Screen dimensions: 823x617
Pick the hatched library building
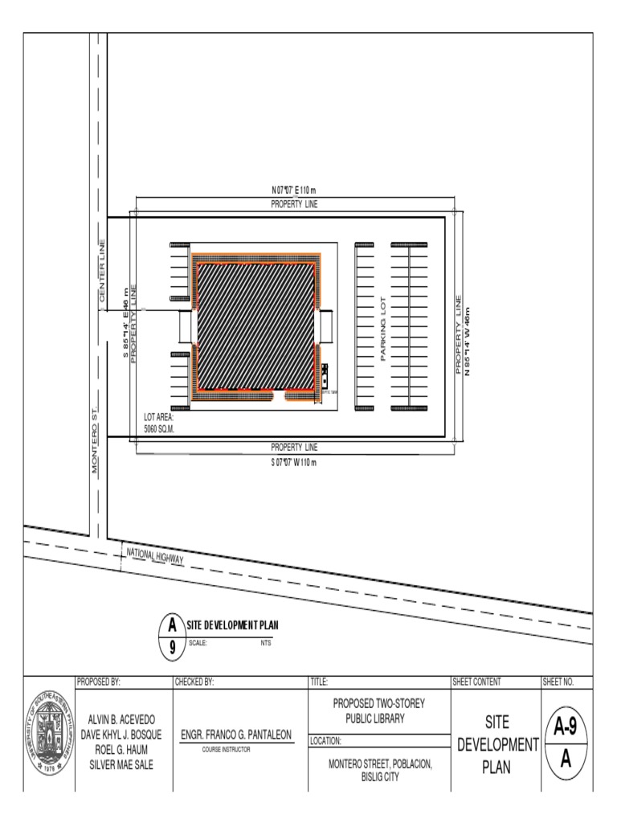255,326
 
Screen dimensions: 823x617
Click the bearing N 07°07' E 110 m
294,190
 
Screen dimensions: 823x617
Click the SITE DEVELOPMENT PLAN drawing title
232,625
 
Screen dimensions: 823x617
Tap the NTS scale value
265,643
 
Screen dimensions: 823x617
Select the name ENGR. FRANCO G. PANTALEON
237,735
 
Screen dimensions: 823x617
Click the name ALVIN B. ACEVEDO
125,719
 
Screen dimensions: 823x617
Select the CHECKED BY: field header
194,682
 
